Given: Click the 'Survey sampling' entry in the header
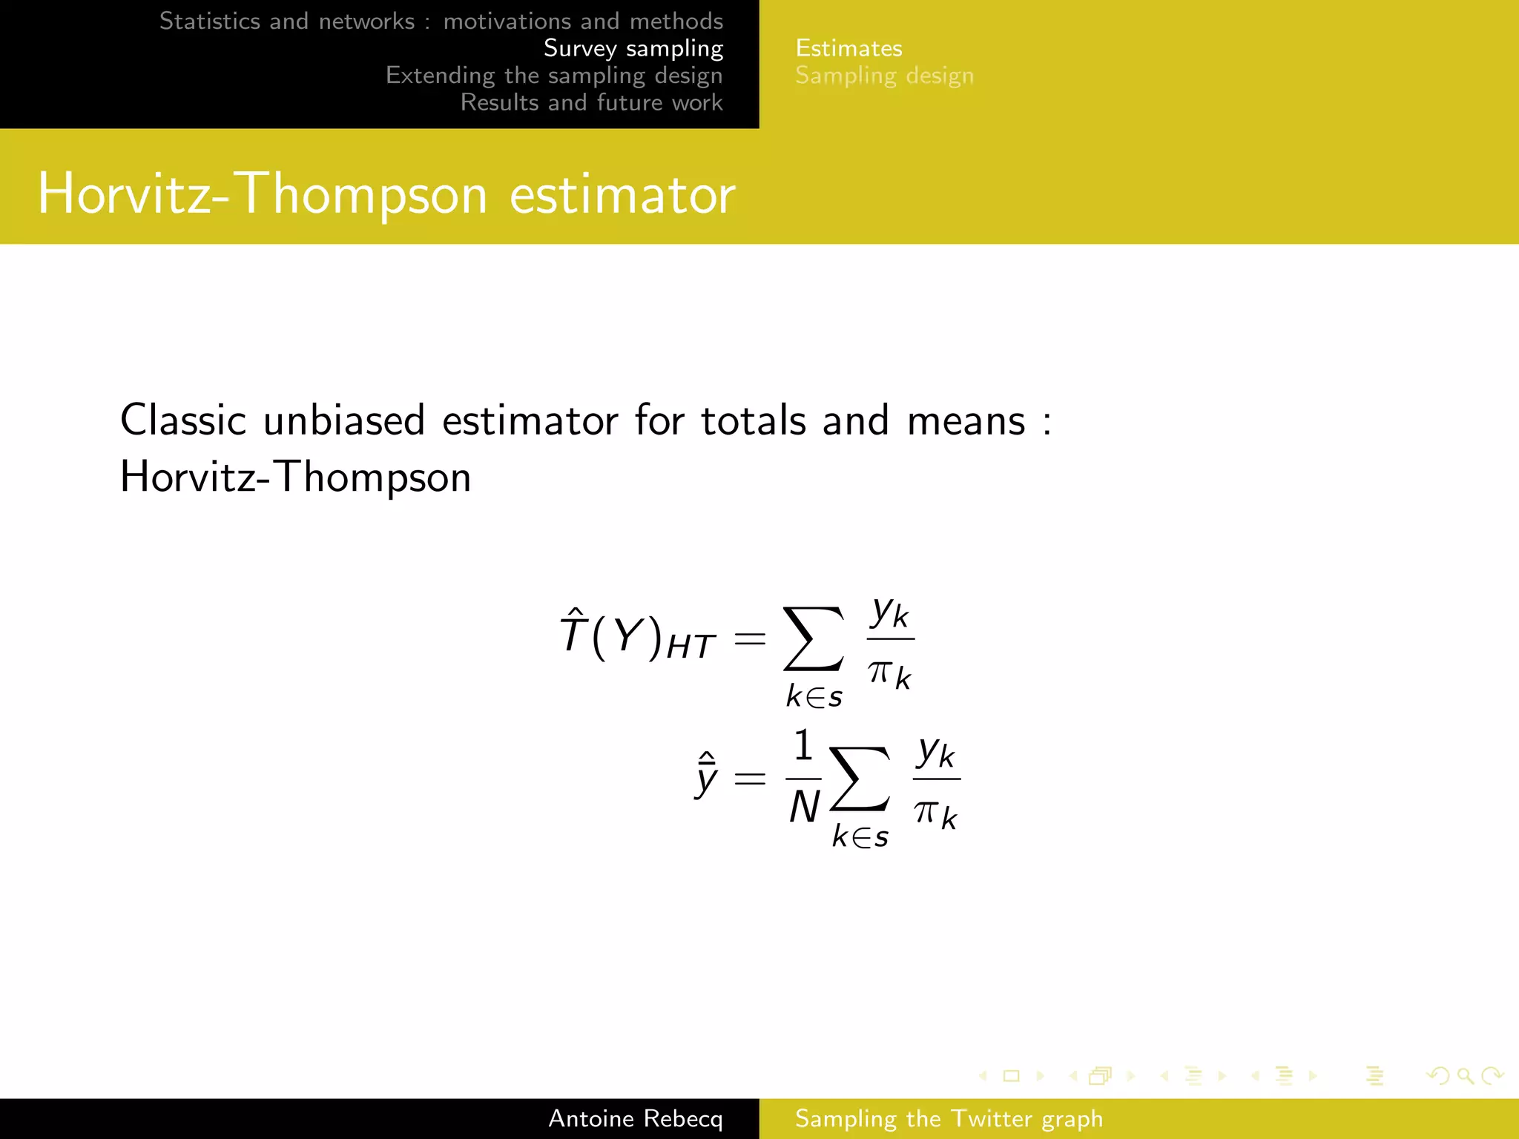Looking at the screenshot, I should click(x=633, y=49).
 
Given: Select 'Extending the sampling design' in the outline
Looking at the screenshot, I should click(x=553, y=76).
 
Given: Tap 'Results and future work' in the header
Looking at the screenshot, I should click(x=591, y=102).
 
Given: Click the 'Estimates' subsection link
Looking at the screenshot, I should click(x=849, y=49).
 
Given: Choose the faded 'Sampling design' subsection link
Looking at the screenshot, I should click(x=884, y=76).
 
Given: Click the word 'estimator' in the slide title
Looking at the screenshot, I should click(x=622, y=194).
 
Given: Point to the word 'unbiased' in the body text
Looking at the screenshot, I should click(x=343, y=420).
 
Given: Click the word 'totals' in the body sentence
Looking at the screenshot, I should click(x=753, y=420).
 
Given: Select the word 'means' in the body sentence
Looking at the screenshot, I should click(x=966, y=420).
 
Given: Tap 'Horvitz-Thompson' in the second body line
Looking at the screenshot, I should click(x=295, y=477).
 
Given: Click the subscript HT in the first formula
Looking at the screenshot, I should click(x=691, y=647).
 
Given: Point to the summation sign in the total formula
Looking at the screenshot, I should click(x=814, y=638).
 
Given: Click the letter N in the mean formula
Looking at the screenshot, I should click(x=804, y=807).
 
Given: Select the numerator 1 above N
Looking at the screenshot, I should click(x=803, y=745).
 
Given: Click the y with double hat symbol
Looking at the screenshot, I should click(x=706, y=776).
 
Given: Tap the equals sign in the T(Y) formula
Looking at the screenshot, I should click(x=749, y=638).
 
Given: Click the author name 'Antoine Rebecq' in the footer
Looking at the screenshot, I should click(x=635, y=1118).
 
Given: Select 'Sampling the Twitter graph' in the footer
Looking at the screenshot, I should click(x=949, y=1118).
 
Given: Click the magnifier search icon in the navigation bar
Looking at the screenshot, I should click(x=1465, y=1076).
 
